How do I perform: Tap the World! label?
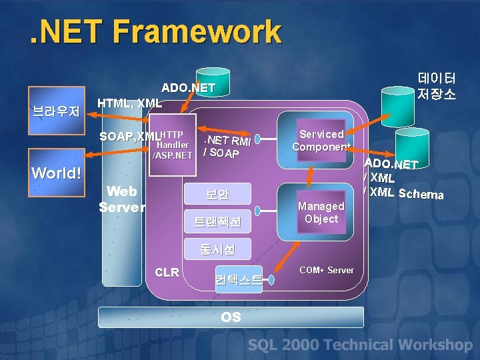(57, 173)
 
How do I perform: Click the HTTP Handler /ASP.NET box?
(173, 145)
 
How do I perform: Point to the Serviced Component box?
(321, 141)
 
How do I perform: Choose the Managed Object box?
(321, 213)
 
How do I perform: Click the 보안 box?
(217, 195)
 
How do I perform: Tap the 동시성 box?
(217, 249)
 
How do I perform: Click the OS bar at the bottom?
(231, 317)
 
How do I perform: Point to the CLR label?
(167, 272)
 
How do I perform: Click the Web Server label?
(122, 199)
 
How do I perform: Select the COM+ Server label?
(327, 270)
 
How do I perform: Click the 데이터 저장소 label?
(437, 85)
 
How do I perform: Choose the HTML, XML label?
(129, 103)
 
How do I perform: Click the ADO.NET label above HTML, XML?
(188, 88)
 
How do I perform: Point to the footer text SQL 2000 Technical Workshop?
(360, 345)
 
